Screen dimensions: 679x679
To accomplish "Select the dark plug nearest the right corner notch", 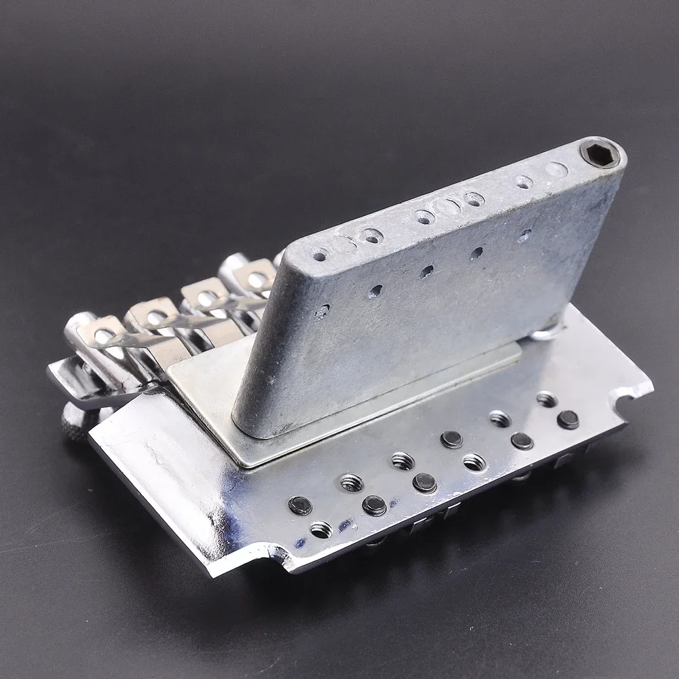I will point(568,420).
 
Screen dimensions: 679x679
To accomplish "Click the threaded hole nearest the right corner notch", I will point(547,400).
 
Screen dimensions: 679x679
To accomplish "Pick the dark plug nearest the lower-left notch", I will point(299,505).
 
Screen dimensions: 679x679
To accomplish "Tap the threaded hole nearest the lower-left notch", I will point(320,529).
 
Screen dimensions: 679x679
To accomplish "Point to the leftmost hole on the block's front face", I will point(323,312).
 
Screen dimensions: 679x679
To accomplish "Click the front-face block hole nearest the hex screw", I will point(524,236).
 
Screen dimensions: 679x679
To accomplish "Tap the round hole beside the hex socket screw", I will point(556,170).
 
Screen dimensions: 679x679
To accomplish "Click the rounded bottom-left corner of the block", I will point(249,426).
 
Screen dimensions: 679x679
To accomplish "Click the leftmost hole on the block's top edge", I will point(320,255).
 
